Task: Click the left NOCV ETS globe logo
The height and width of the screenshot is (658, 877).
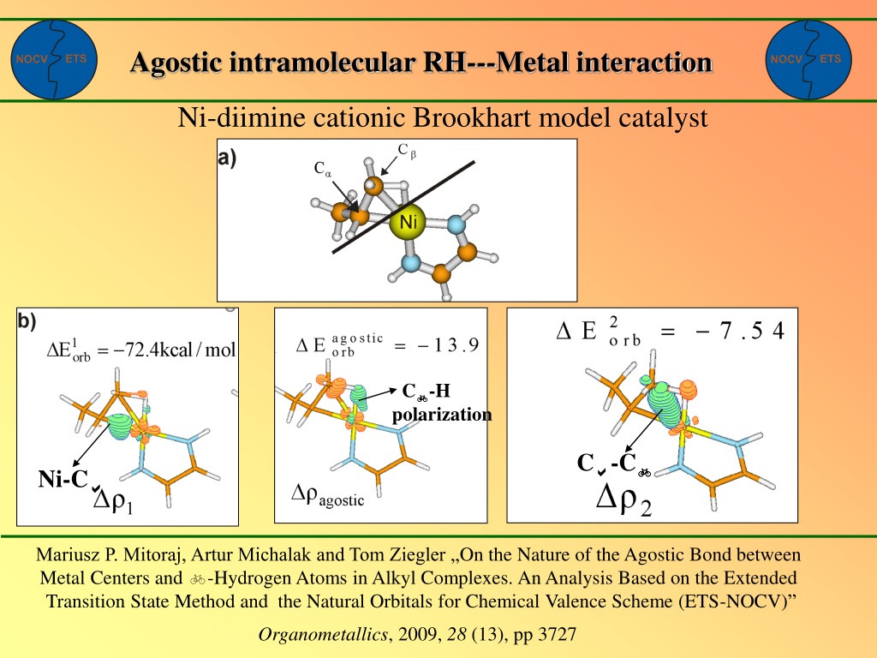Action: [x=54, y=60]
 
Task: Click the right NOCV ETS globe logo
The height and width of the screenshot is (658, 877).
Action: [x=808, y=60]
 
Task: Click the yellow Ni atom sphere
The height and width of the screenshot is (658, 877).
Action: [x=408, y=222]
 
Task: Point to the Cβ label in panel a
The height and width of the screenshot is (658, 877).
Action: [x=407, y=151]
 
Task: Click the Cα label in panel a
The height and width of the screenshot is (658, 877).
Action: [x=323, y=169]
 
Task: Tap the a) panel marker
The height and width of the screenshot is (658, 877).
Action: [x=227, y=159]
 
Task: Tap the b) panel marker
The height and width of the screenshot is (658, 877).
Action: [x=27, y=320]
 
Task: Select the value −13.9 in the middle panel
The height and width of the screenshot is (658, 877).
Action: [x=448, y=344]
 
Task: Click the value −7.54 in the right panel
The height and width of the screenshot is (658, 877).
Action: [x=739, y=331]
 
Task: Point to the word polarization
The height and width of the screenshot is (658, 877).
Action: [x=442, y=415]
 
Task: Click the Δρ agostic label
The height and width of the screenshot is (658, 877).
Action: [x=328, y=496]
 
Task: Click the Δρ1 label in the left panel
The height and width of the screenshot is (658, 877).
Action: [x=113, y=501]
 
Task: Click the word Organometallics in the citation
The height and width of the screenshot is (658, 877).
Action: [x=323, y=634]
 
